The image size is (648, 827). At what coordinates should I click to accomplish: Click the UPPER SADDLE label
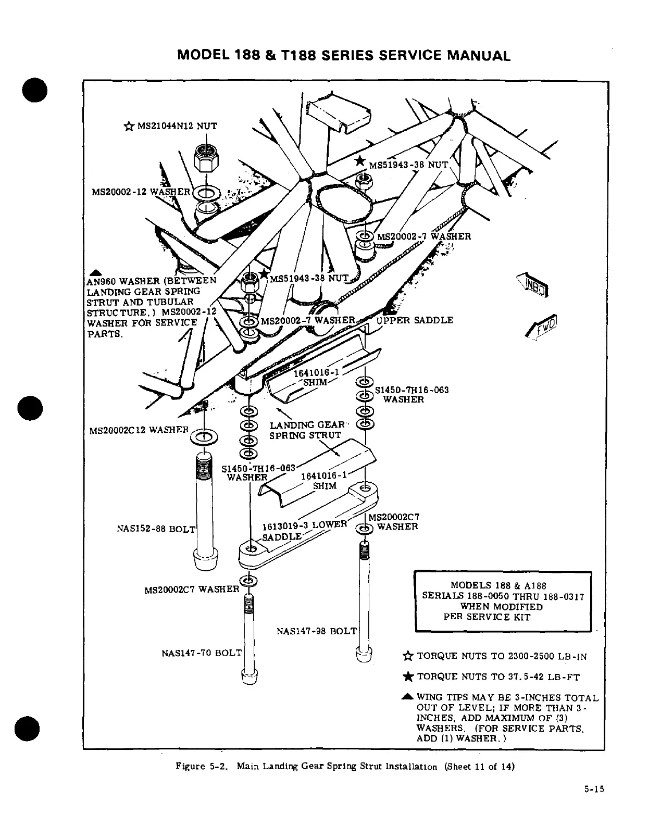click(414, 320)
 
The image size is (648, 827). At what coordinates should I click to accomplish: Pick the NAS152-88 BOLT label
click(156, 529)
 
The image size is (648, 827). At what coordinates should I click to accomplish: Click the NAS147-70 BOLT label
click(202, 653)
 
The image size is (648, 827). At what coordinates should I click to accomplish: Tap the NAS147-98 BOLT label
click(316, 631)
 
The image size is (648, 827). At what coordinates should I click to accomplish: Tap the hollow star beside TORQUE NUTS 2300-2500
click(408, 656)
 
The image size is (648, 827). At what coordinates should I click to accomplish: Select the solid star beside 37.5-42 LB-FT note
click(408, 676)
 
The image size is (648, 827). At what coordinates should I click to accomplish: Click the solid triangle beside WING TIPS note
click(408, 697)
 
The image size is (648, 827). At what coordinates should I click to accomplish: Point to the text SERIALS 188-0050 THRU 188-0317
click(503, 596)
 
